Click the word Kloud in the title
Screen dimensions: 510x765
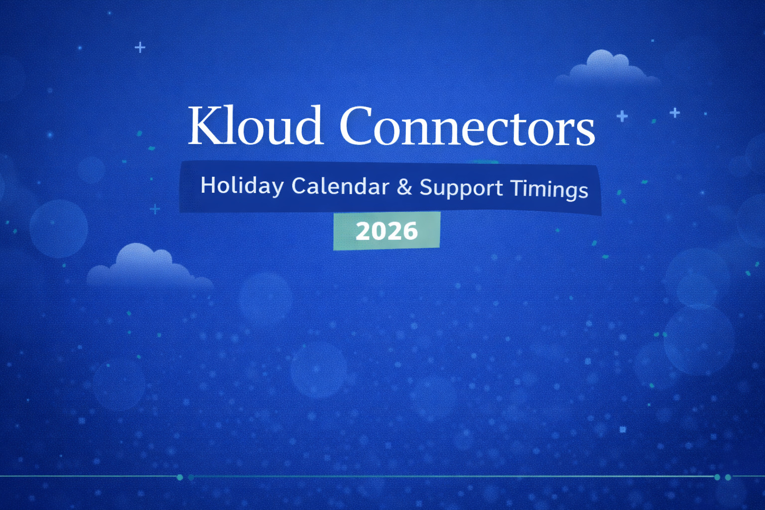(255, 126)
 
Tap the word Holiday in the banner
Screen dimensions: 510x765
(242, 186)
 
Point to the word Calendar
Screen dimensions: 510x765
(340, 187)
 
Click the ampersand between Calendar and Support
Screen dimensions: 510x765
(404, 187)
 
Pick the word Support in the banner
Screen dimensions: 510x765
(461, 188)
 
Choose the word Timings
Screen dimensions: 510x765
(549, 190)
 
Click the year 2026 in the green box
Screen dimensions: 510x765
(386, 231)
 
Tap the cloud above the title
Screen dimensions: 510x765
(607, 69)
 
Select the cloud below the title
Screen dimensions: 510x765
(146, 266)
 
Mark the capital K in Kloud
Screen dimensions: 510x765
(203, 126)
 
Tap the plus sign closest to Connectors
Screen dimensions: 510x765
(622, 117)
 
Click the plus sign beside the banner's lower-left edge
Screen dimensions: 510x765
(155, 209)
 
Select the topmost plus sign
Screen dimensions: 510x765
(140, 47)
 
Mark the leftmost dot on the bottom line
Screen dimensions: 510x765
(180, 477)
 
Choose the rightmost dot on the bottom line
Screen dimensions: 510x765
(728, 477)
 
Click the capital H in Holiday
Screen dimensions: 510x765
(207, 185)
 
